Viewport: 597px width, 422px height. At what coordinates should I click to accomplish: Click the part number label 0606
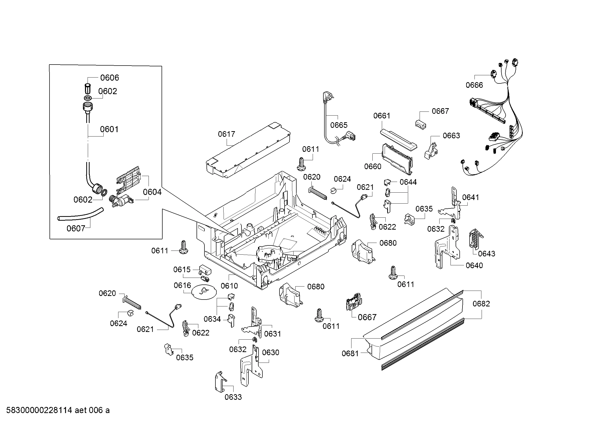point(109,78)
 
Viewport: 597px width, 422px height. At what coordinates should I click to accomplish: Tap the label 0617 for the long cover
point(226,134)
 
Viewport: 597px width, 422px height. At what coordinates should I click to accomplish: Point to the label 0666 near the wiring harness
point(474,85)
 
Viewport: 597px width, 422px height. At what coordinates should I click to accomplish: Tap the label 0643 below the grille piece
point(486,254)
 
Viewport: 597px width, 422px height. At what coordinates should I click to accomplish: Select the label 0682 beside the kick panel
point(481,304)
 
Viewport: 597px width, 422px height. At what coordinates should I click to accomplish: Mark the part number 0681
point(350,354)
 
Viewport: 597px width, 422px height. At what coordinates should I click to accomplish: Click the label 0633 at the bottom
point(233,397)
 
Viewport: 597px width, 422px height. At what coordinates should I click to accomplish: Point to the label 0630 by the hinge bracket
point(270,353)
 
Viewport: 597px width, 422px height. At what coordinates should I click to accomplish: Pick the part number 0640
point(474,266)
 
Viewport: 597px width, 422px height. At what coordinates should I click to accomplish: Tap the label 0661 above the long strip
point(381,116)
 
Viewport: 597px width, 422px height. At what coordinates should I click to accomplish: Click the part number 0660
point(373,167)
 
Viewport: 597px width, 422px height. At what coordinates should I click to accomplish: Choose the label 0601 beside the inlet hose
point(109,129)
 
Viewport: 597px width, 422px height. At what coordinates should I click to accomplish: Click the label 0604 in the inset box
point(152,192)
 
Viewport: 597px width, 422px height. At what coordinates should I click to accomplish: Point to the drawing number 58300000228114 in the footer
point(39,410)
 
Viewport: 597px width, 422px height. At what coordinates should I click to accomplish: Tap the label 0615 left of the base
point(182,270)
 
